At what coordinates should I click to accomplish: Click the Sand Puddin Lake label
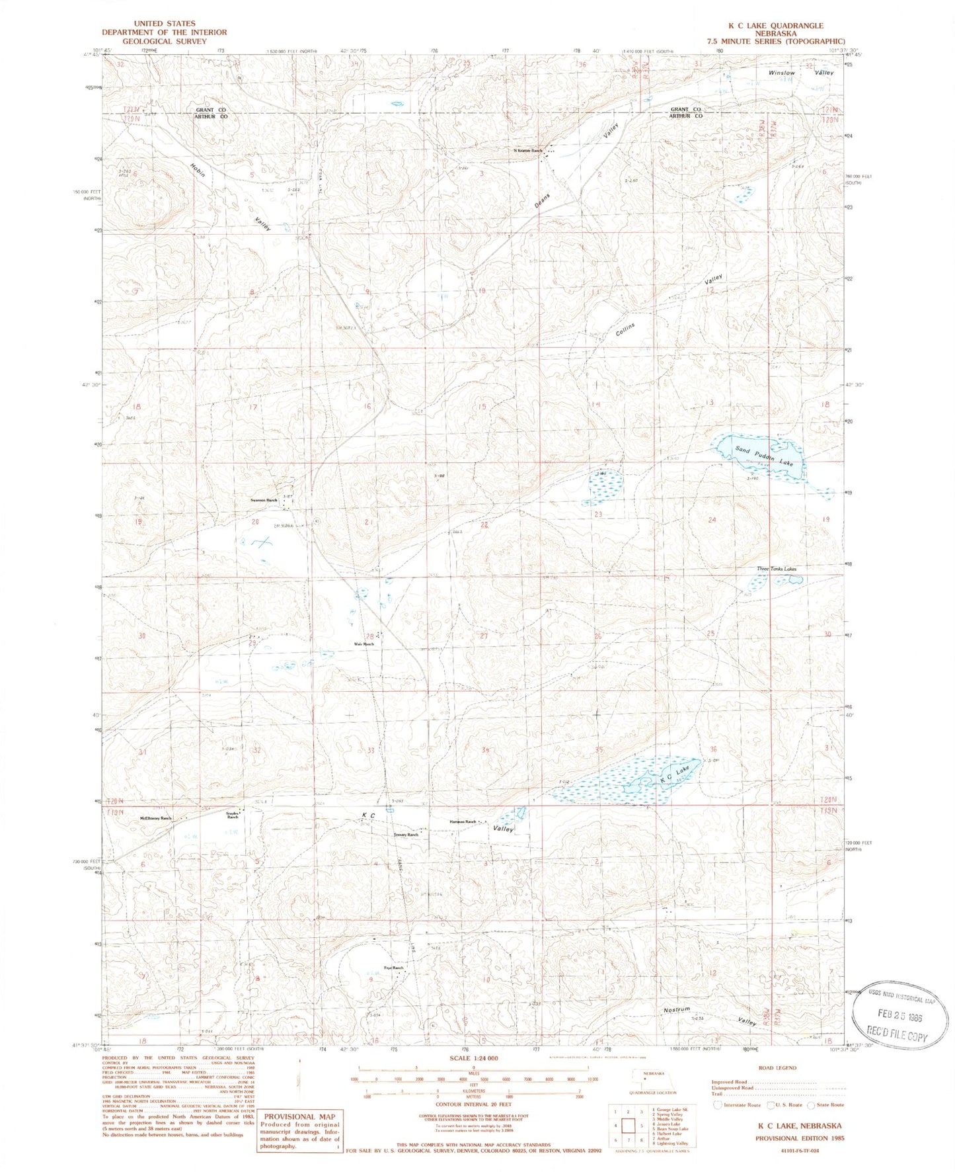763,455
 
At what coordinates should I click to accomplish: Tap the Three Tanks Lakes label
777,569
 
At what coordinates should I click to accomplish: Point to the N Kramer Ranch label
528,151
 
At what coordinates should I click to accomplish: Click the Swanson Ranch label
264,501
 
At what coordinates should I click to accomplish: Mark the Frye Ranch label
393,968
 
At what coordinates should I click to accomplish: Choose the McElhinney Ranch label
155,819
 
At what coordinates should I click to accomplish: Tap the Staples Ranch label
233,815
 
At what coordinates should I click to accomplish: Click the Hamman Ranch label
463,822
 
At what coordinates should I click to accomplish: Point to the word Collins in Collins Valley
625,329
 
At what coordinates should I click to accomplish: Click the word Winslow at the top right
781,73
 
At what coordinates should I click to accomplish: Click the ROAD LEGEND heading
778,1068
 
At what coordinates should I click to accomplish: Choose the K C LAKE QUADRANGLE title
776,26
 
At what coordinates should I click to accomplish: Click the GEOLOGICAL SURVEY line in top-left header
164,40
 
